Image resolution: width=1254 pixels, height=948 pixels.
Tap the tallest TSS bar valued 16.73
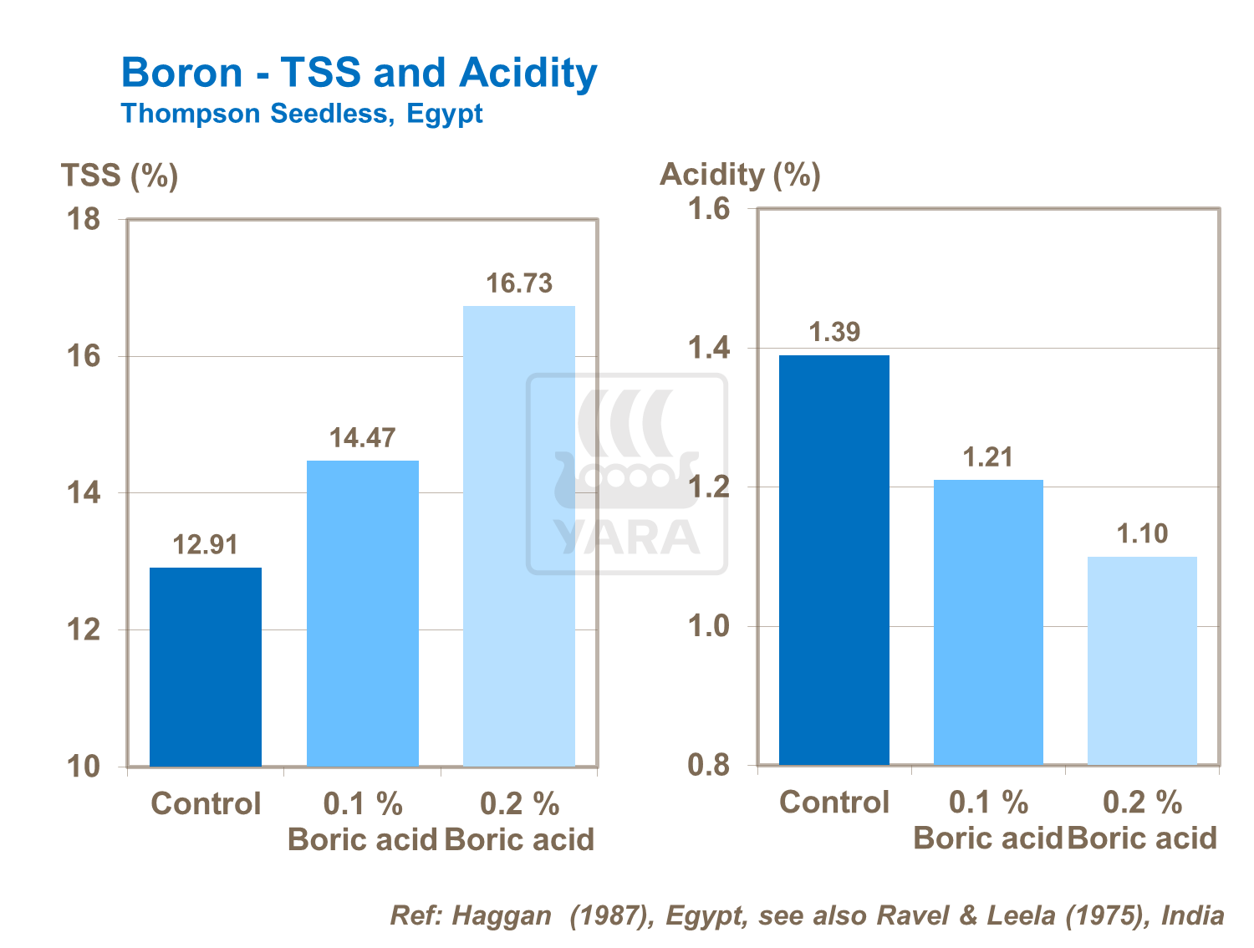[x=518, y=535]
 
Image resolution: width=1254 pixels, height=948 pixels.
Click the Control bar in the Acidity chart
[x=833, y=559]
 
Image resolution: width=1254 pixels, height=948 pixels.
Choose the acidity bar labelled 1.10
[x=1142, y=660]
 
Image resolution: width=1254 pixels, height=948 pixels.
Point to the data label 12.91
[x=205, y=545]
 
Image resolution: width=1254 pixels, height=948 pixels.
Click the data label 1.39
[x=834, y=332]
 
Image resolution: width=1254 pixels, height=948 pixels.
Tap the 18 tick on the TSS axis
[x=83, y=220]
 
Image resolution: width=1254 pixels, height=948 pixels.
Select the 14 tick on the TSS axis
[x=83, y=493]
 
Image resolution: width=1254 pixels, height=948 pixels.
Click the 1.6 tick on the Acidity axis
[x=708, y=209]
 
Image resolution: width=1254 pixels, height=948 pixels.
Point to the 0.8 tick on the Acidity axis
[x=708, y=765]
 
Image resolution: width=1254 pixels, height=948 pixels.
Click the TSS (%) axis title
[x=120, y=176]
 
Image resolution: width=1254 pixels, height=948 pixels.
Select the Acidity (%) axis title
[x=740, y=174]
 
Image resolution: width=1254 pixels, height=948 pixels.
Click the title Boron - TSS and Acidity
[x=359, y=73]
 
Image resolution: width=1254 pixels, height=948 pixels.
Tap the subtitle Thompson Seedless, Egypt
[x=302, y=113]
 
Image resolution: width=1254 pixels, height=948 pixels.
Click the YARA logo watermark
[x=627, y=474]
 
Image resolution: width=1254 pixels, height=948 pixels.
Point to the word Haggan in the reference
[x=502, y=915]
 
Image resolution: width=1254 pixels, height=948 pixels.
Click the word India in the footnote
[x=1193, y=915]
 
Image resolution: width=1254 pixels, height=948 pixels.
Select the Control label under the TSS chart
[x=206, y=803]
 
